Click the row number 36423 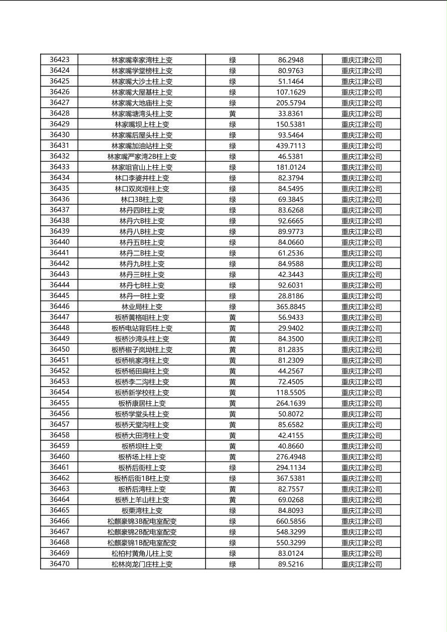pos(59,60)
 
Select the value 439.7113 pos(291,146)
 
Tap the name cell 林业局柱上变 pos(142,306)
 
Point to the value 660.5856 pos(291,521)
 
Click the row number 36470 pos(59,564)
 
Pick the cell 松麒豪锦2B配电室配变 pos(142,532)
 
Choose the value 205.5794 pos(291,103)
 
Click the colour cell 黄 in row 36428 pos(233,114)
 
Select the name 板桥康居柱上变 pos(142,403)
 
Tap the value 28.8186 pos(291,296)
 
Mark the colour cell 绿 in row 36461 pos(233,468)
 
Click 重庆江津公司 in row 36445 pos(361,296)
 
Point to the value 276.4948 pos(291,457)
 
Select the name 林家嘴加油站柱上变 pos(142,146)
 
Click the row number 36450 pos(59,350)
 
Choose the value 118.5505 pos(291,393)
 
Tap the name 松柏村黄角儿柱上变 pos(142,553)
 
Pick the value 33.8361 pos(291,114)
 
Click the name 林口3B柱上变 pos(142,199)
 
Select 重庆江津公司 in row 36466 pos(361,521)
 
